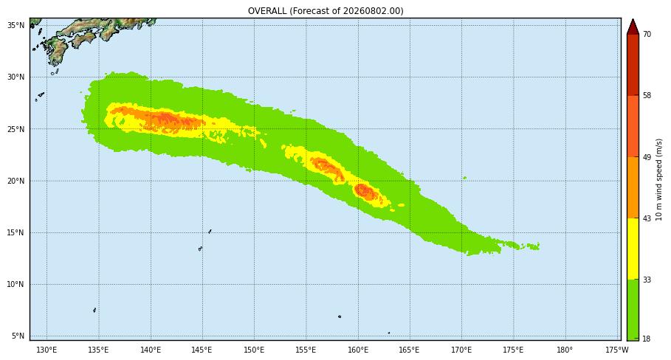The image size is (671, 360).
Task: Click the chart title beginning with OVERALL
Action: (x=326, y=10)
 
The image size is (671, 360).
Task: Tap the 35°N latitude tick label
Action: (x=16, y=25)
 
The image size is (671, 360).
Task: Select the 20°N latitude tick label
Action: (x=16, y=181)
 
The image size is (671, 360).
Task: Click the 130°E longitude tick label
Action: (x=47, y=350)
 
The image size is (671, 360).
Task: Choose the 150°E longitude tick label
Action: (x=254, y=350)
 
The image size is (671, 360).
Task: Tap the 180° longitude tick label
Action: (x=565, y=350)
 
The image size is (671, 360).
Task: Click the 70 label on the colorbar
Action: (x=647, y=34)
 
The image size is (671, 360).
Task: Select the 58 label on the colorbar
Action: (x=647, y=95)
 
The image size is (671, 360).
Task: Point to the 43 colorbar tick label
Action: (x=647, y=218)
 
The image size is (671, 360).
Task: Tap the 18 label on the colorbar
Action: (x=647, y=339)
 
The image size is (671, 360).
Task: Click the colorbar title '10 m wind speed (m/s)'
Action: (x=659, y=179)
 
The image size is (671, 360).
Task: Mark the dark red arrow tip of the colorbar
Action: (x=633, y=20)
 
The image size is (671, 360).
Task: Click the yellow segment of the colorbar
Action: (x=633, y=249)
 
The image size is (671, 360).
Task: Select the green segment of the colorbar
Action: (x=633, y=310)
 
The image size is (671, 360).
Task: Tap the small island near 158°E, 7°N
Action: (x=340, y=316)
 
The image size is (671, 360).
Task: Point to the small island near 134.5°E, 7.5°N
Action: (x=94, y=310)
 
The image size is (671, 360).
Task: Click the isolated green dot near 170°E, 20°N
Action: (x=465, y=178)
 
